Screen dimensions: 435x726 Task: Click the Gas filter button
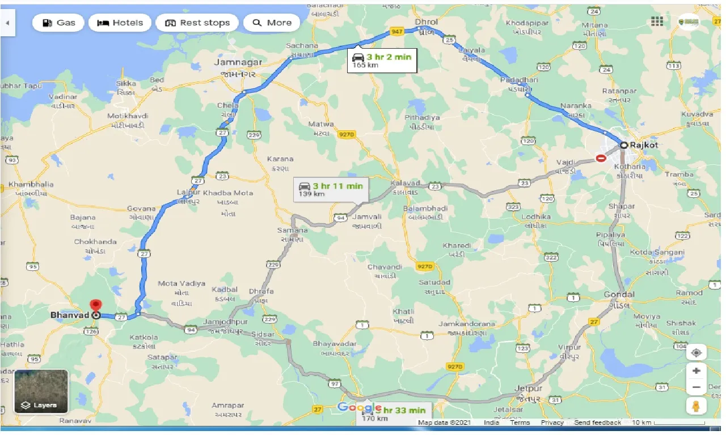(58, 23)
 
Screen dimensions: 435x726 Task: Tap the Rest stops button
(197, 23)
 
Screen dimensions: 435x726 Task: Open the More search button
(272, 23)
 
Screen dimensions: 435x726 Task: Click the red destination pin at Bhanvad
(96, 306)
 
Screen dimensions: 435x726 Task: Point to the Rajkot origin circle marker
(624, 145)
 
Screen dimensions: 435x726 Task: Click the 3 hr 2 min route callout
(382, 60)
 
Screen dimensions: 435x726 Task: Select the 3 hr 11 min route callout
(331, 189)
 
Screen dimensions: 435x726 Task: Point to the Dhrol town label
(427, 22)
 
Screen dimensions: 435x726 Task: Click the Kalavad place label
(406, 183)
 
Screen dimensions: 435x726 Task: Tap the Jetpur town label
(528, 389)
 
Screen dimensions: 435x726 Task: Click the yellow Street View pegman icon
(696, 406)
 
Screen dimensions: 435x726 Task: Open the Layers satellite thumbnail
(41, 391)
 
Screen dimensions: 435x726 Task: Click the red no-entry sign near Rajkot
(601, 158)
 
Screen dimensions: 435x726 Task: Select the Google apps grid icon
(657, 22)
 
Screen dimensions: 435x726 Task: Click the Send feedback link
(597, 423)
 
